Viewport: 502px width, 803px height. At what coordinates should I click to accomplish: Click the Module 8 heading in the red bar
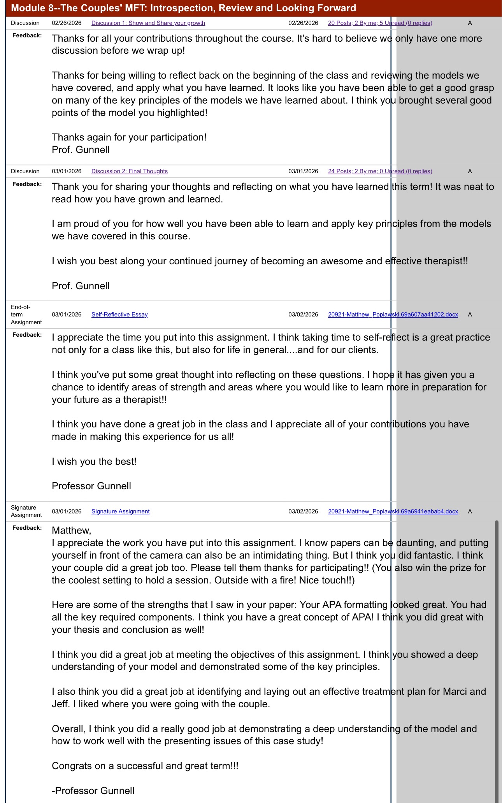(183, 8)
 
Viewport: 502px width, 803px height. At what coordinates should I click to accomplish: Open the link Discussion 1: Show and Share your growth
(148, 23)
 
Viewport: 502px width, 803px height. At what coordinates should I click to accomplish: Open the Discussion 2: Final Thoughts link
(129, 171)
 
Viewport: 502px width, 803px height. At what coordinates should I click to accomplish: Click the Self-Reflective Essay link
(119, 315)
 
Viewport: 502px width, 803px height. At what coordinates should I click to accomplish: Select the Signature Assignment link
(120, 511)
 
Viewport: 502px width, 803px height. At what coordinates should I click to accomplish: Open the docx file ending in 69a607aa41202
(393, 315)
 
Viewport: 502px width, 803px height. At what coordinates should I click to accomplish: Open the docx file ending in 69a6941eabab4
(393, 511)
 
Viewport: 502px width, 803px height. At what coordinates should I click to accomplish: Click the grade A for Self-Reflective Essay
(470, 315)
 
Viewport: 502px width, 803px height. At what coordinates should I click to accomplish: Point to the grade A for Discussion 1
(470, 23)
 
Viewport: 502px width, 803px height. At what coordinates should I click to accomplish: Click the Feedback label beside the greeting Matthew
(27, 528)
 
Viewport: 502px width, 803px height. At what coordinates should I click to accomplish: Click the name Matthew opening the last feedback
(71, 530)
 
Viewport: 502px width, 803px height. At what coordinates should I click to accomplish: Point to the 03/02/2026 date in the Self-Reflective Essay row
(303, 315)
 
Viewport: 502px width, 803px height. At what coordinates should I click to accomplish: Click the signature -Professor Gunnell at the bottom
(93, 791)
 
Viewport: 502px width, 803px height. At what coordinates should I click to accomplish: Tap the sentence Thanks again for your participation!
(129, 137)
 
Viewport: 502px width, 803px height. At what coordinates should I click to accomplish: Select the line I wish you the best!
(94, 462)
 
